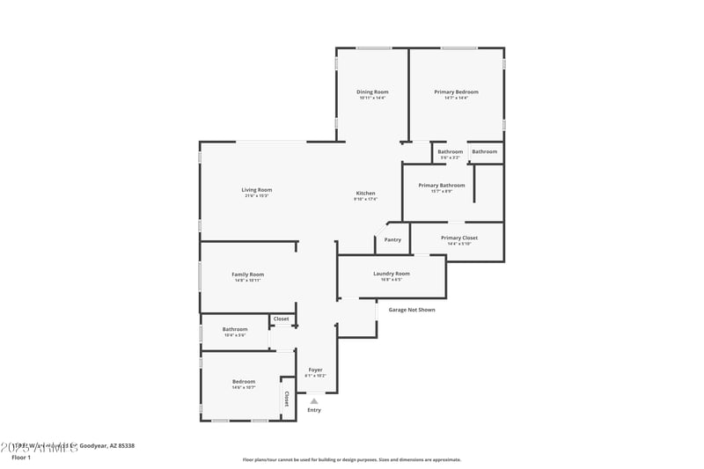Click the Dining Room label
point(372,92)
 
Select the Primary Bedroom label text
point(456,92)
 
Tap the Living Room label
point(257,190)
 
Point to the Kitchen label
point(365,194)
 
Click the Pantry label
point(392,239)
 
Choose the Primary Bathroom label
point(441,186)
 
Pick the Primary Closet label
point(458,238)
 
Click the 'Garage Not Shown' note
point(411,310)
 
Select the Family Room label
point(247,275)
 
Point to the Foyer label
point(314,370)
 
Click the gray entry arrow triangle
point(314,400)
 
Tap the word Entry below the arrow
point(314,410)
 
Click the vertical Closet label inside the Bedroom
point(287,399)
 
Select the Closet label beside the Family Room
point(281,319)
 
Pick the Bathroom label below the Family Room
point(235,330)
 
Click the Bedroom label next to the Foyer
point(244,382)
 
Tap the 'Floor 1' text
point(21,458)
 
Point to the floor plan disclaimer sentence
point(351,459)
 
